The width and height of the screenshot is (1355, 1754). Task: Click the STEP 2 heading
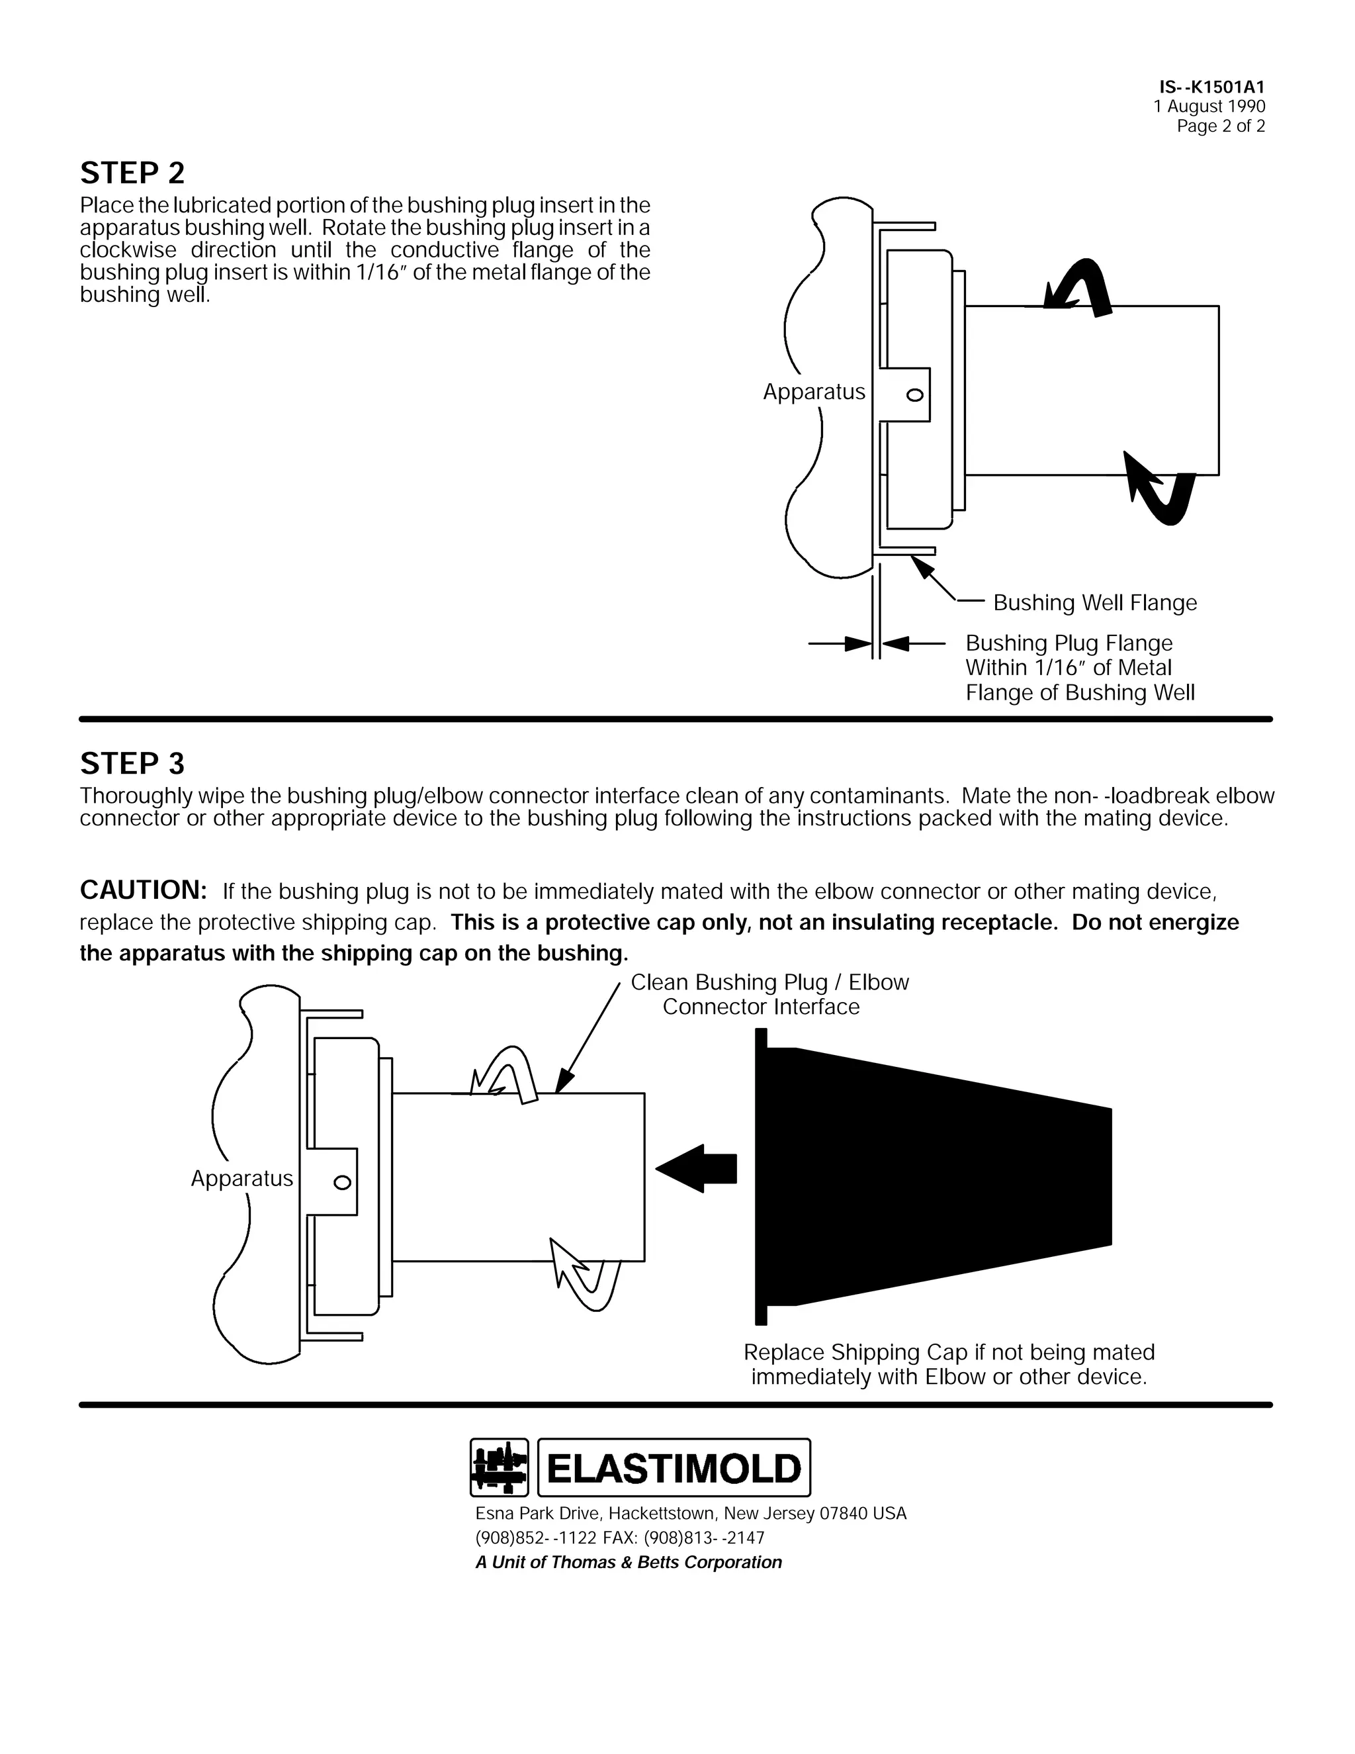[132, 173]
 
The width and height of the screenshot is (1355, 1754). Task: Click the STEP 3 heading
[132, 763]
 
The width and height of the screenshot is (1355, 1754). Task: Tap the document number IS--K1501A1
[1212, 87]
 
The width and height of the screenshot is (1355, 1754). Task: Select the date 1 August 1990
[1209, 106]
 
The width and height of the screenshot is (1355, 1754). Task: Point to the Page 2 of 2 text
[1220, 126]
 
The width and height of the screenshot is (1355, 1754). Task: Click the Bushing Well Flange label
[1094, 602]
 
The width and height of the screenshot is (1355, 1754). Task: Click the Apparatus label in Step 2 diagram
[814, 392]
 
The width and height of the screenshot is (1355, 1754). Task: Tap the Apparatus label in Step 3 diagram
[241, 1178]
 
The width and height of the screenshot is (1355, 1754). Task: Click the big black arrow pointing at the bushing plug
[696, 1168]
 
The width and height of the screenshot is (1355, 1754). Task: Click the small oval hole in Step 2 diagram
[914, 394]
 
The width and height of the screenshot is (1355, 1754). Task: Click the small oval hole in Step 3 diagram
[342, 1182]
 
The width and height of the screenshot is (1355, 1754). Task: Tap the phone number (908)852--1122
[536, 1537]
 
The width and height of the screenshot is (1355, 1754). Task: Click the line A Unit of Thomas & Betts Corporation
[629, 1562]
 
